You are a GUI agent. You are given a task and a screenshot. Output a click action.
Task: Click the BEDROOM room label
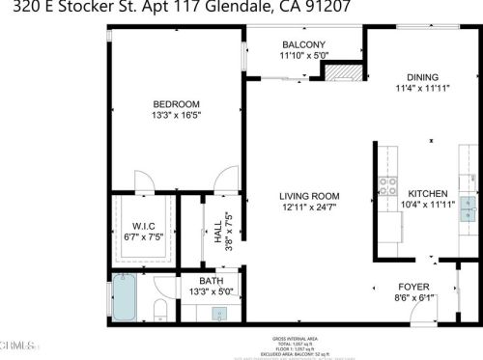tap(176, 104)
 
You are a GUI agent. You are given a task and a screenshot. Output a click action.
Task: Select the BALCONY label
tap(303, 44)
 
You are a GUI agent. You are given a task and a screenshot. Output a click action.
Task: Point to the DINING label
tap(422, 78)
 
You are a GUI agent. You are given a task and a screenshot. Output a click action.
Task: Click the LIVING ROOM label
tap(310, 196)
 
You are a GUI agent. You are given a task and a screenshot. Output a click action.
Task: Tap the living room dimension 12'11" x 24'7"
tap(310, 207)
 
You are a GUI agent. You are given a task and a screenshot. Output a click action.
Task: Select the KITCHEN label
tap(426, 193)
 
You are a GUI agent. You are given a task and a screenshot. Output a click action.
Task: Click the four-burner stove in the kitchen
tap(388, 186)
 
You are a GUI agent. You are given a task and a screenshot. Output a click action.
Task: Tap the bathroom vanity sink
tap(219, 314)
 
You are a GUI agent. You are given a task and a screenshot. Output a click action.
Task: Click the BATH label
tap(211, 281)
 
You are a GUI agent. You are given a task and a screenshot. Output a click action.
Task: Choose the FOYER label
tap(413, 287)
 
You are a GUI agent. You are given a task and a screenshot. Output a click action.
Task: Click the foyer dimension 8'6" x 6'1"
tap(413, 297)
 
